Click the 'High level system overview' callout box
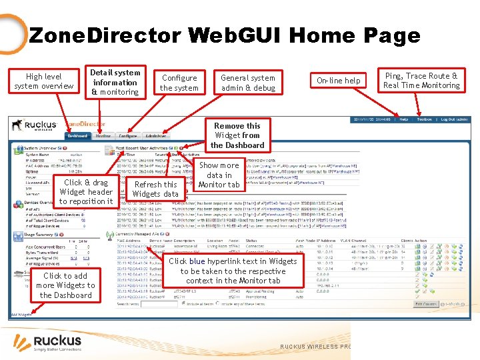pyautogui.click(x=44, y=81)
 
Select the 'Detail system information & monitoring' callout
pyautogui.click(x=115, y=82)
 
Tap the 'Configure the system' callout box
pyautogui.click(x=179, y=83)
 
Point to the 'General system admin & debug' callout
pyautogui.click(x=248, y=83)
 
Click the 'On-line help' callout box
pyautogui.click(x=339, y=81)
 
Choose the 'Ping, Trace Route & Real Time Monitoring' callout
pyautogui.click(x=421, y=81)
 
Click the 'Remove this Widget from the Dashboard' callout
pyautogui.click(x=238, y=135)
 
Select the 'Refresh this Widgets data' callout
pyautogui.click(x=155, y=189)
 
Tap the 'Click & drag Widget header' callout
pyautogui.click(x=86, y=191)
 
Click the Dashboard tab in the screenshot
pyautogui.click(x=77, y=136)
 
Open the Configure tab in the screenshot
pyautogui.click(x=128, y=136)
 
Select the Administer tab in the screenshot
pyautogui.click(x=156, y=136)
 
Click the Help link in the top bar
pyautogui.click(x=404, y=120)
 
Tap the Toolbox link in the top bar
pyautogui.click(x=425, y=120)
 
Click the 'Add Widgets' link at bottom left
pyautogui.click(x=21, y=315)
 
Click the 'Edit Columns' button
pyautogui.click(x=425, y=304)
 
